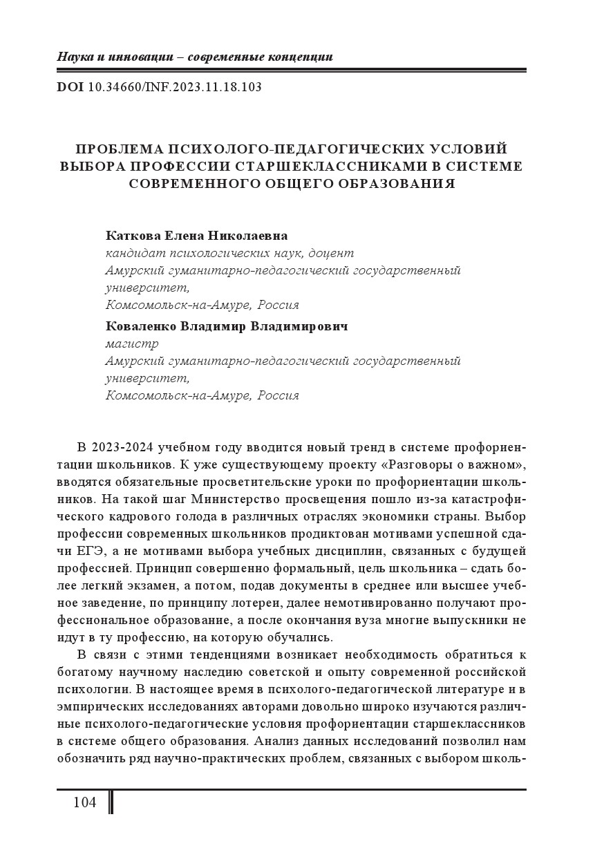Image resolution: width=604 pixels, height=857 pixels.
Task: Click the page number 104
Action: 84,802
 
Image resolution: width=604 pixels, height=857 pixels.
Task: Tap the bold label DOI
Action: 70,88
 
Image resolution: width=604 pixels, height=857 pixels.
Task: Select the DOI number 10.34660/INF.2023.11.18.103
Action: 175,88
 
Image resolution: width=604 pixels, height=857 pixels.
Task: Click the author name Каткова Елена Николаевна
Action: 196,236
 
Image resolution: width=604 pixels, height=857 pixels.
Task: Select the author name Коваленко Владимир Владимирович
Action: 227,326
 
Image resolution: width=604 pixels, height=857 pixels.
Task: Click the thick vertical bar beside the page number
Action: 111,802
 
